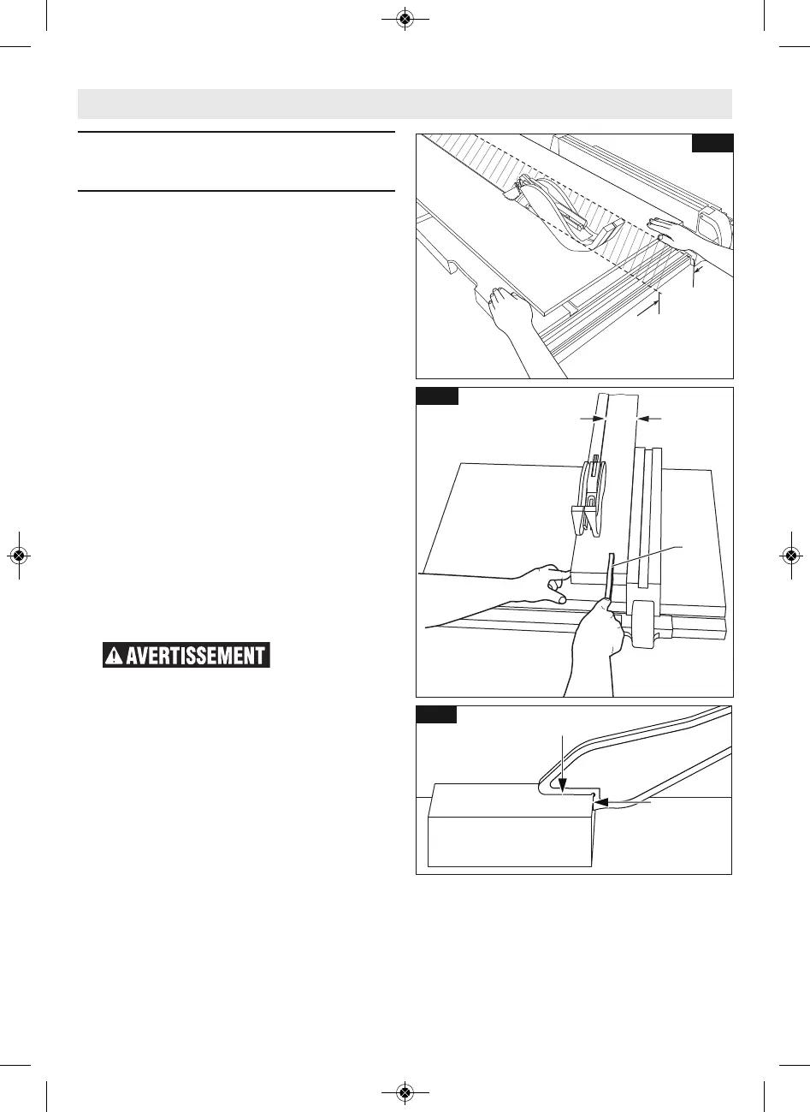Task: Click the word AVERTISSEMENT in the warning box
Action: click(195, 656)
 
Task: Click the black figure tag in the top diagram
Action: click(712, 143)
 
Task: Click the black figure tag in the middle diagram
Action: click(437, 395)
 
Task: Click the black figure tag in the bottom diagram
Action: click(436, 714)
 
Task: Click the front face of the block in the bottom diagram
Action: click(510, 839)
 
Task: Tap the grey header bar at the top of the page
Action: click(405, 104)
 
